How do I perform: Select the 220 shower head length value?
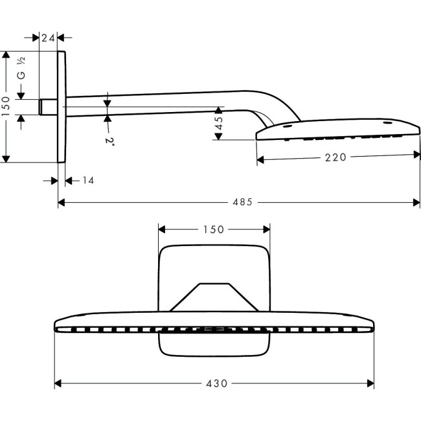(336, 156)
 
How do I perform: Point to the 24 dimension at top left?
(48, 38)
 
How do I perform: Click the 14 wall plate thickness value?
(88, 180)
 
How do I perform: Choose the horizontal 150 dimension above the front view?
(213, 229)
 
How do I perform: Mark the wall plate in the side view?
(62, 107)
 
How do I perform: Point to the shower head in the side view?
(337, 130)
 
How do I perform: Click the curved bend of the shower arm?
(262, 104)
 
